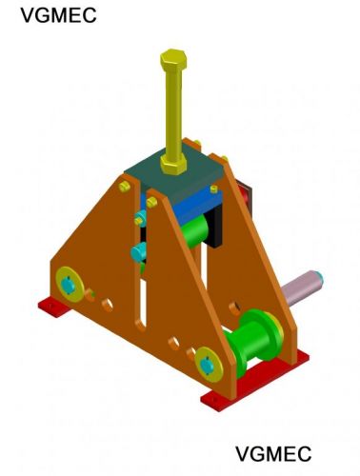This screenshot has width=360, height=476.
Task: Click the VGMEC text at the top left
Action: [x=58, y=15]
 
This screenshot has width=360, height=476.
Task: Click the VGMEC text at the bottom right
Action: [x=273, y=454]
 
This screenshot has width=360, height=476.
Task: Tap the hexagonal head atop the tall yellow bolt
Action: [x=173, y=59]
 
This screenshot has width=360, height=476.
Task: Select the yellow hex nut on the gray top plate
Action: [x=173, y=164]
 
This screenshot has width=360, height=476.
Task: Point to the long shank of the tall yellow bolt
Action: [x=173, y=112]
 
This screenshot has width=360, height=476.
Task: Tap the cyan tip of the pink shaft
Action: [x=319, y=278]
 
